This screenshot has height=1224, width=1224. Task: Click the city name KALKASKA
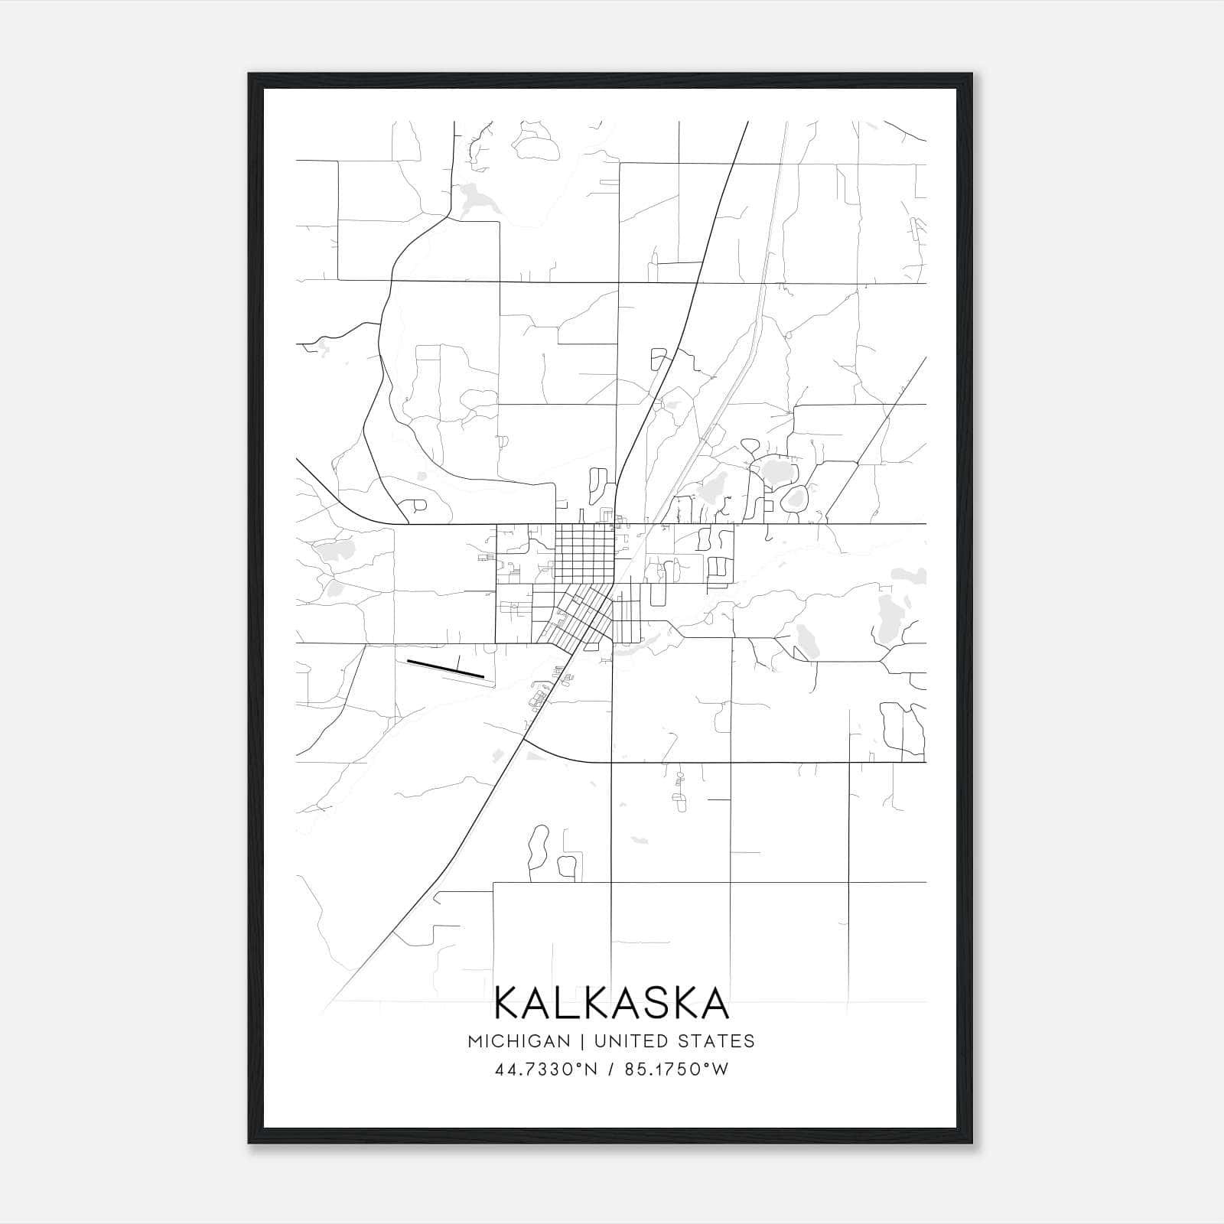pos(611,1003)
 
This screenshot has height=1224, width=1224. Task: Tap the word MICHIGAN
pos(519,1041)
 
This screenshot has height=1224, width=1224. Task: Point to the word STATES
pos(720,1041)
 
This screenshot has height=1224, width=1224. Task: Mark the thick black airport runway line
pos(445,669)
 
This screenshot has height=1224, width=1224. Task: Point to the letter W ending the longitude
pos(719,1069)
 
